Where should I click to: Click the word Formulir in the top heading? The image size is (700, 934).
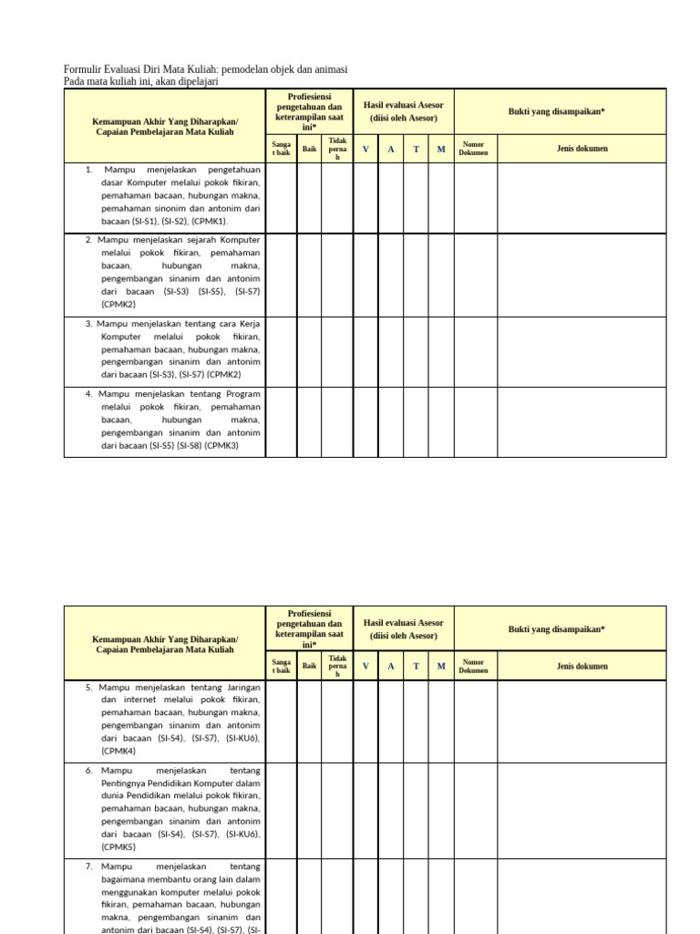(82, 70)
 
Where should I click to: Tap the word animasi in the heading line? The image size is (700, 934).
(328, 70)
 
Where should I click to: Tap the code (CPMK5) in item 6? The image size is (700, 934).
(118, 846)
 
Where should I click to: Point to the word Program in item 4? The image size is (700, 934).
(242, 394)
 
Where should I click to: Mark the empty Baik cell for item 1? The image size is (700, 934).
(309, 197)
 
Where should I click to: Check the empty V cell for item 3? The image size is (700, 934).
(365, 351)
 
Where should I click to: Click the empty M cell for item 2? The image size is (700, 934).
(441, 275)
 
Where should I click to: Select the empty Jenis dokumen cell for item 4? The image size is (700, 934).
(582, 421)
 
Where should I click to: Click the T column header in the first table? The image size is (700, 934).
(416, 149)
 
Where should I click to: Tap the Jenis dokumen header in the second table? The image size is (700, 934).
(582, 666)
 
